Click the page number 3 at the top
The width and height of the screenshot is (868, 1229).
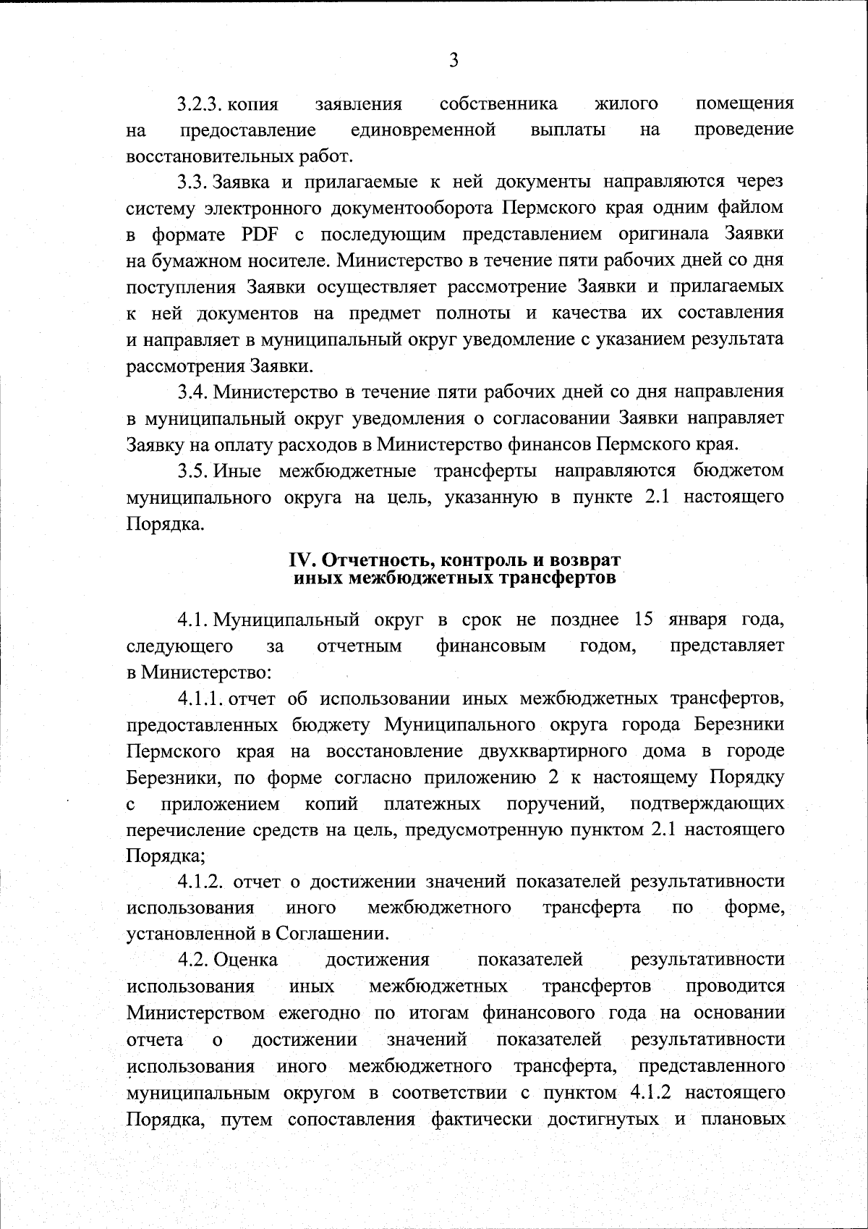coord(454,61)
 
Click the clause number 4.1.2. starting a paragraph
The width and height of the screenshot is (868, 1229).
coord(203,882)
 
